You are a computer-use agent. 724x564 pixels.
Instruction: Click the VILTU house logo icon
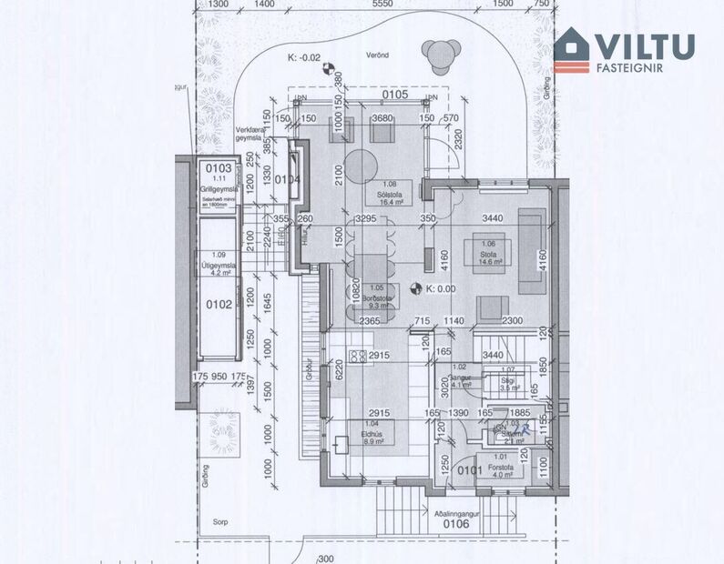pyautogui.click(x=571, y=49)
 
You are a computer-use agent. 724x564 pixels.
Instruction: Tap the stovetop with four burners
pyautogui.click(x=358, y=356)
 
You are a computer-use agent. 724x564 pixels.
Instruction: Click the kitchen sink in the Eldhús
pyautogui.click(x=342, y=445)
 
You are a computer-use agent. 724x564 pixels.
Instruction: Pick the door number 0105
pyautogui.click(x=394, y=94)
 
